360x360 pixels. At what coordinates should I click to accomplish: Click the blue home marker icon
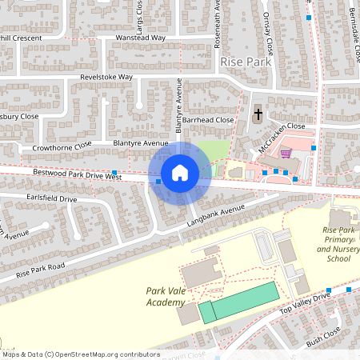pos(180,172)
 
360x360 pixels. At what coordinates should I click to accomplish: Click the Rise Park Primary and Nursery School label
pos(334,244)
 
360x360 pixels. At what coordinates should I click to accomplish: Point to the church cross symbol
pos(258,114)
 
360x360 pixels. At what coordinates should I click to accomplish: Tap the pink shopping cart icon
pos(285,153)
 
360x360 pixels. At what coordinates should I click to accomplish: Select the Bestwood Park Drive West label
pos(77,174)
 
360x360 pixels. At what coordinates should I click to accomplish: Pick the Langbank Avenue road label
pos(215,214)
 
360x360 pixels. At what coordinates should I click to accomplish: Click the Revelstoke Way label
pos(106,77)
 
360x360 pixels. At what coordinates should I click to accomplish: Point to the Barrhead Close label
pos(207,120)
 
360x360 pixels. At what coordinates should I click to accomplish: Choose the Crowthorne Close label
pos(62,147)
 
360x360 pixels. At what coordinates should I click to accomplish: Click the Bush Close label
pos(323,335)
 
